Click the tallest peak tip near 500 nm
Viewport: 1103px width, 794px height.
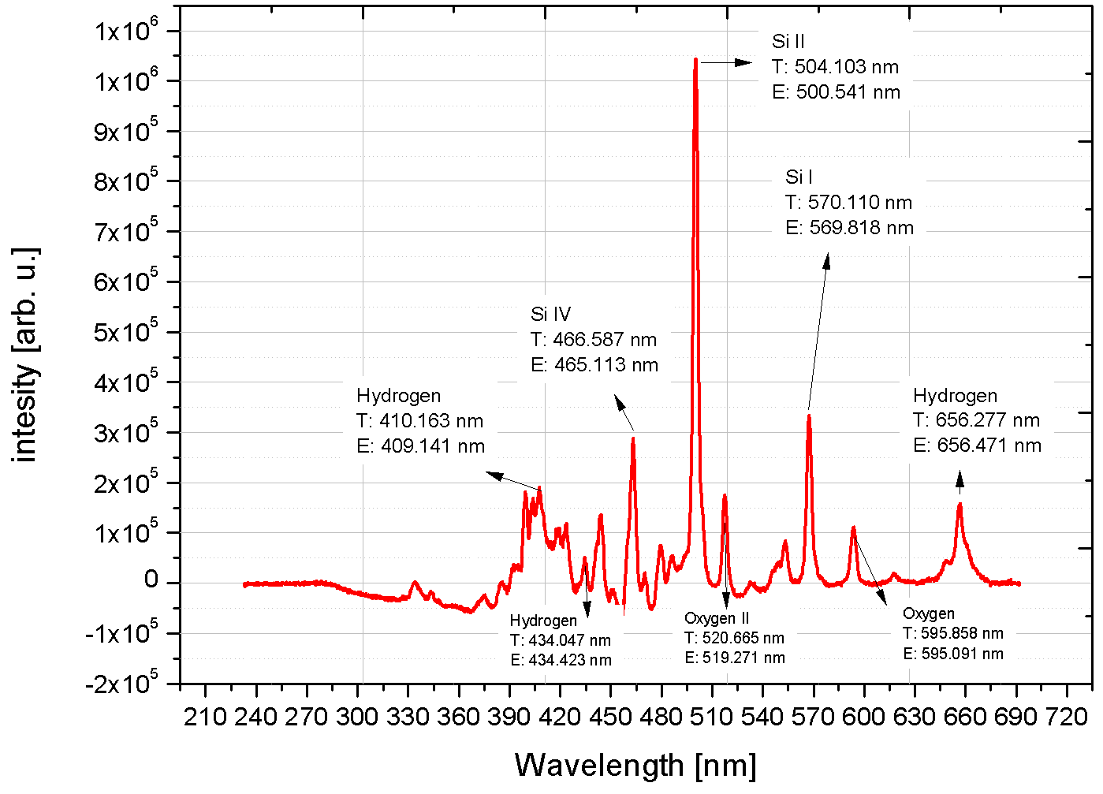coord(695,60)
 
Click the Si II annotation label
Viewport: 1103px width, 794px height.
coord(788,42)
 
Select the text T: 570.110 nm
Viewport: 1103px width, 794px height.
coord(848,203)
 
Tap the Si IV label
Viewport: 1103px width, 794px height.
coord(550,315)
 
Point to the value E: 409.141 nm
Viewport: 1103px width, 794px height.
coord(420,446)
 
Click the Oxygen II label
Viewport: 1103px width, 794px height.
coord(717,619)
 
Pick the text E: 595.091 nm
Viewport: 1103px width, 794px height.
coord(953,654)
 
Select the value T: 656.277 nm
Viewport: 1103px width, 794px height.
coord(976,420)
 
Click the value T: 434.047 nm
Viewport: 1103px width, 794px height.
coord(560,640)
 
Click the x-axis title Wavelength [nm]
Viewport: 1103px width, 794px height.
coord(635,766)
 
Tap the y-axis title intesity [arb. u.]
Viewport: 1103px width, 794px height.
coord(25,355)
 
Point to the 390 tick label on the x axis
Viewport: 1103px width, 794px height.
coord(509,717)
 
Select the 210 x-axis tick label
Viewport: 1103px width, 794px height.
coord(205,717)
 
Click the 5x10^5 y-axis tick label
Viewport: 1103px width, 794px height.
coord(126,332)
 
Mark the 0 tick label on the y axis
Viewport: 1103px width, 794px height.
coord(151,581)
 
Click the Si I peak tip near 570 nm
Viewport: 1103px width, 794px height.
coord(809,416)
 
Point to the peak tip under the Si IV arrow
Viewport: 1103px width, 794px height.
coord(633,439)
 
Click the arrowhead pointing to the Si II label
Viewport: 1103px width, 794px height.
coord(745,62)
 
